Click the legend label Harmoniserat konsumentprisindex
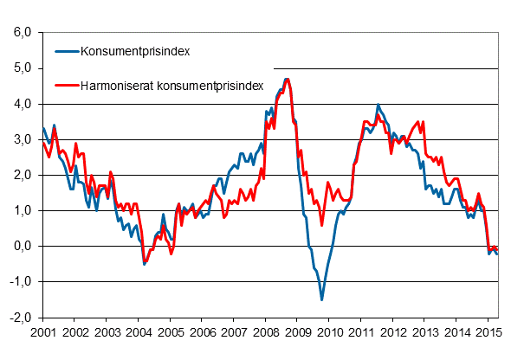pyautogui.click(x=171, y=85)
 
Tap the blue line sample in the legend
pyautogui.click(x=64, y=51)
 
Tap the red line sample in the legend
pyautogui.click(x=64, y=85)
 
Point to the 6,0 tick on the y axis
pyautogui.click(x=22, y=33)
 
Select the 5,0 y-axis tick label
pyautogui.click(x=22, y=68)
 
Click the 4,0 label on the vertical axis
pyautogui.click(x=22, y=104)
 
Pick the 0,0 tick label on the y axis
pyautogui.click(x=22, y=247)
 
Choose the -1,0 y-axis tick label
pyautogui.click(x=20, y=282)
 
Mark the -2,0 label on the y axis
pyautogui.click(x=20, y=318)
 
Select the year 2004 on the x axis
pyautogui.click(x=138, y=331)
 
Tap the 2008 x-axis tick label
pyautogui.click(x=265, y=331)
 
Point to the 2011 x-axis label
pyautogui.click(x=360, y=331)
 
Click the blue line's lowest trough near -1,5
pyautogui.click(x=322, y=299)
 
